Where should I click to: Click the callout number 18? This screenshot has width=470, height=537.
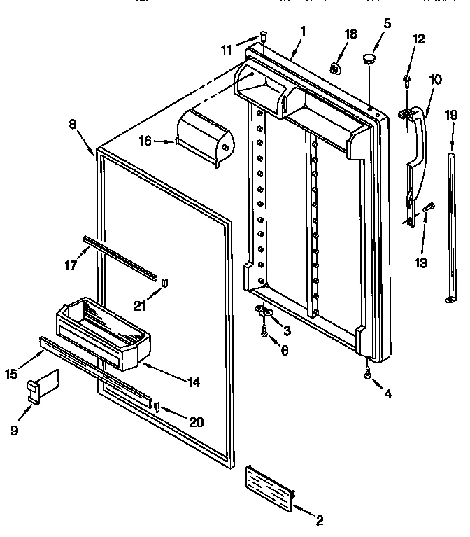351,34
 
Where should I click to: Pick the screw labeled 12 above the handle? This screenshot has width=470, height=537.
407,80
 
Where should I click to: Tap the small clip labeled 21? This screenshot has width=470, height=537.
164,282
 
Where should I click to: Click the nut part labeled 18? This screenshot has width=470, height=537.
336,68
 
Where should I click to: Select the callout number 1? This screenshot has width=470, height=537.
304,32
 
